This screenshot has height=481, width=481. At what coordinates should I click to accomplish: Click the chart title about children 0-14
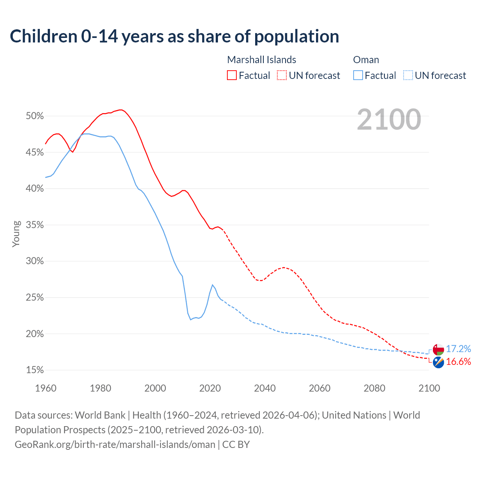pyautogui.click(x=174, y=36)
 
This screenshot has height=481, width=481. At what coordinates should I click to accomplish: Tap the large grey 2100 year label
pyautogui.click(x=389, y=119)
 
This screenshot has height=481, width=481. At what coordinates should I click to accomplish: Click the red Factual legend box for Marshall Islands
pyautogui.click(x=232, y=76)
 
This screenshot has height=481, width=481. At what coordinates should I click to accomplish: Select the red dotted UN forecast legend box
pyautogui.click(x=282, y=76)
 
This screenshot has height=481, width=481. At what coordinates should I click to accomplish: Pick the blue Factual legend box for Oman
pyautogui.click(x=358, y=76)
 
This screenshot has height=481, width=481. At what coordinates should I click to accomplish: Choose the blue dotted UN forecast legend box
pyautogui.click(x=408, y=76)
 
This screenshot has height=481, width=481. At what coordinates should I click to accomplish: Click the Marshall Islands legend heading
pyautogui.click(x=262, y=60)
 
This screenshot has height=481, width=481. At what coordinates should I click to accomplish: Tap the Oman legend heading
pyautogui.click(x=366, y=60)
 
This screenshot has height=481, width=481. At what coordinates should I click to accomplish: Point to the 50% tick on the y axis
pyautogui.click(x=35, y=116)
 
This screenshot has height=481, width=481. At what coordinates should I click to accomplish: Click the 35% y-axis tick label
pyautogui.click(x=35, y=225)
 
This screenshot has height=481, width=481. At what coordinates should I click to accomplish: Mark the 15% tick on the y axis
pyautogui.click(x=35, y=370)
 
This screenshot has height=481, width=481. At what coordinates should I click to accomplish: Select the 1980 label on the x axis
pyautogui.click(x=100, y=388)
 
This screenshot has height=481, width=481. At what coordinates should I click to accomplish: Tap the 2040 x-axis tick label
pyautogui.click(x=265, y=388)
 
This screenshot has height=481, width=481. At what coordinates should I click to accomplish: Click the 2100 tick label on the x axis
pyautogui.click(x=429, y=388)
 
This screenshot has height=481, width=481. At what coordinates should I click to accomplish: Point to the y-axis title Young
pyautogui.click(x=16, y=234)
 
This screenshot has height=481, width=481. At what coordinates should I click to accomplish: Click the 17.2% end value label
pyautogui.click(x=458, y=349)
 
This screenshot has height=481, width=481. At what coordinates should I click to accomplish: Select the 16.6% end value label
pyautogui.click(x=458, y=362)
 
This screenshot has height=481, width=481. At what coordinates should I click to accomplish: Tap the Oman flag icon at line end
pyautogui.click(x=438, y=349)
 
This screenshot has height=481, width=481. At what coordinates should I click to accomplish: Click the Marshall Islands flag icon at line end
pyautogui.click(x=438, y=362)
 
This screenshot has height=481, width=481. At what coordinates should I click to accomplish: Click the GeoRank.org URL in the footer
pyautogui.click(x=115, y=445)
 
